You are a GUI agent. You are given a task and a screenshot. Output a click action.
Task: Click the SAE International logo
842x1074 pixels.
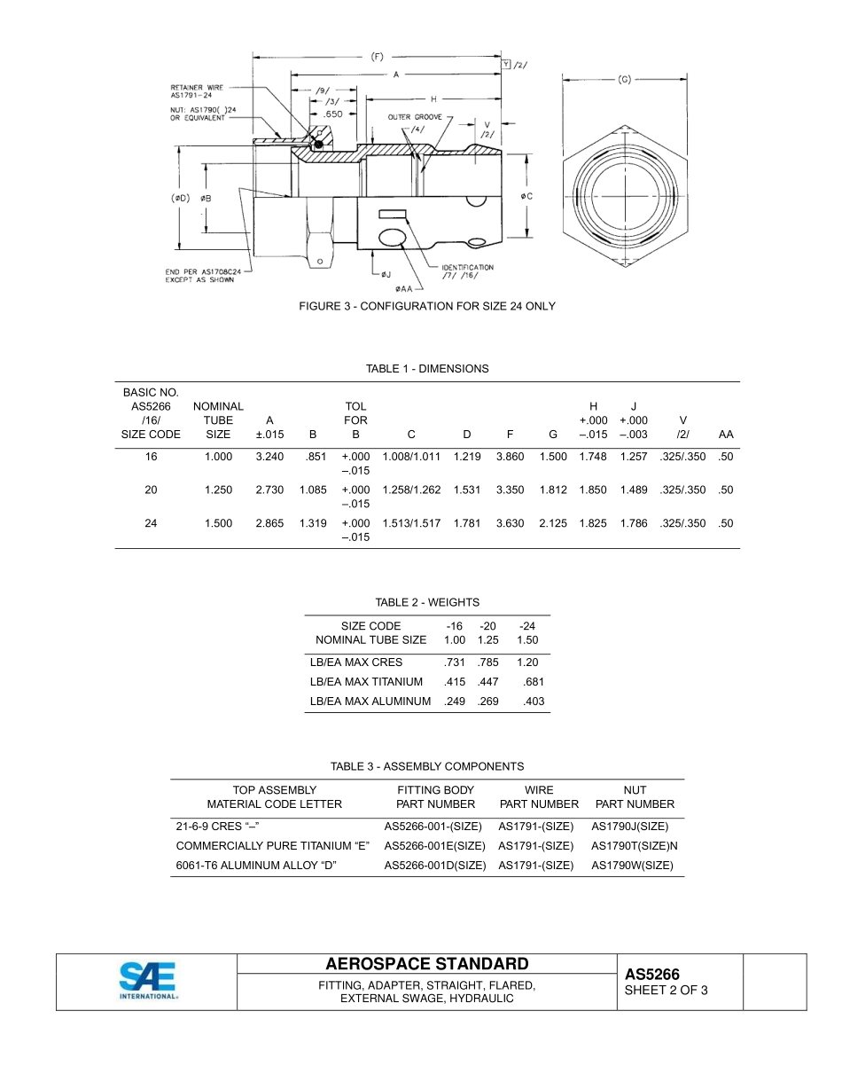(148, 981)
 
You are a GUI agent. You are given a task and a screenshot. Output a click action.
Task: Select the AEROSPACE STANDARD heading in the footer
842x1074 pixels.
(426, 964)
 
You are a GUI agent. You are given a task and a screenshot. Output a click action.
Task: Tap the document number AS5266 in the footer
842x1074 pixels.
(651, 975)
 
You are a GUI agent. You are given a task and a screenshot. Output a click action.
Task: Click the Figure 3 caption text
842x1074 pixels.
(426, 306)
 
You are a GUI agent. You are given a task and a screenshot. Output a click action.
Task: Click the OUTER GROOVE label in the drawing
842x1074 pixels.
(414, 117)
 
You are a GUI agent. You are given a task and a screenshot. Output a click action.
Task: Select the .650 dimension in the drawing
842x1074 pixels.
(332, 114)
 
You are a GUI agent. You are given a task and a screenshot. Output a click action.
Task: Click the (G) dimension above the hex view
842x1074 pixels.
(624, 80)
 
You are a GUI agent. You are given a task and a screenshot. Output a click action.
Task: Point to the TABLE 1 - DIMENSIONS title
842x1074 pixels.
(426, 369)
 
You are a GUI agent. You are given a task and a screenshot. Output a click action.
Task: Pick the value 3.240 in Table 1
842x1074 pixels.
(269, 457)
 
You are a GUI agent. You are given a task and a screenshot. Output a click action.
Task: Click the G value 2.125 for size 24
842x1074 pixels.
(553, 523)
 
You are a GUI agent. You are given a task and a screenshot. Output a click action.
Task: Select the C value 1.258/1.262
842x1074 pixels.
(411, 490)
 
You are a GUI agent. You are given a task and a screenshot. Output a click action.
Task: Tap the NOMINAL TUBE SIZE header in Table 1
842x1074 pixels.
(218, 420)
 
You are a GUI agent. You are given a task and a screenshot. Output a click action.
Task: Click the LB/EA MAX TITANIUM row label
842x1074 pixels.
(366, 682)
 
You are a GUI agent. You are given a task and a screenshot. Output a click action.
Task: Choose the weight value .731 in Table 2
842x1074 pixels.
(454, 662)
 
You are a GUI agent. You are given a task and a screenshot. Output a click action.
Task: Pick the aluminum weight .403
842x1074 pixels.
(534, 702)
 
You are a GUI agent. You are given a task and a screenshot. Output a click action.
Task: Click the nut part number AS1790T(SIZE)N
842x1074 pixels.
(634, 846)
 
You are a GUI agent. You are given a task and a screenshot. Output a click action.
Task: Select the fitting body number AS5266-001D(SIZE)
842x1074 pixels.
(434, 866)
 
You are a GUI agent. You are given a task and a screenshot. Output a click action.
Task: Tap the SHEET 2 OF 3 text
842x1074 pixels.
(666, 991)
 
